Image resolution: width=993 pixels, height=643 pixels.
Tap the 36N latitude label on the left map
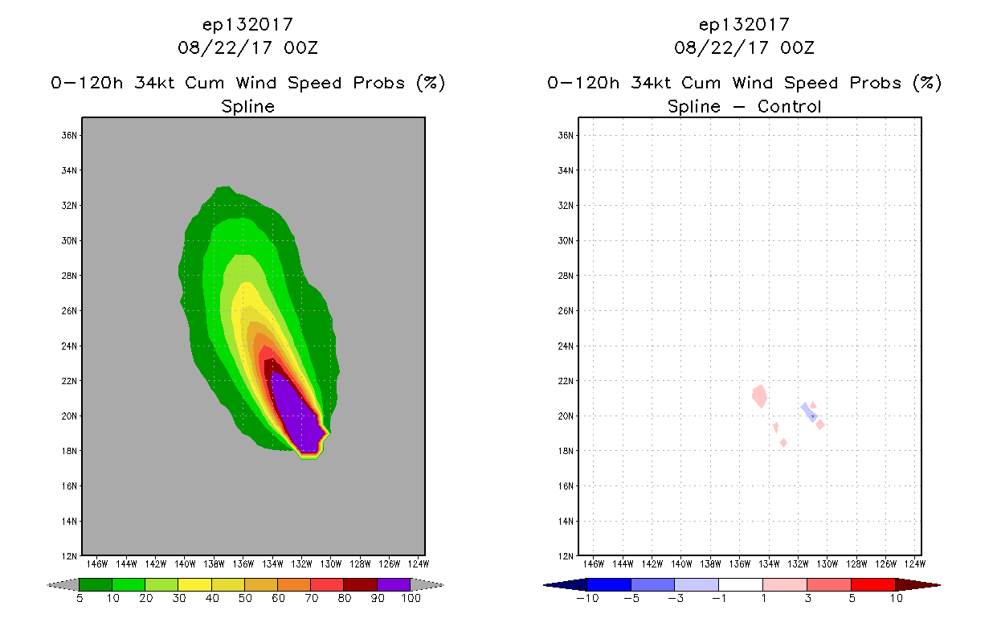click(x=69, y=135)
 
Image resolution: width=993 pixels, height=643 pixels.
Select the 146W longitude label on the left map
click(x=96, y=563)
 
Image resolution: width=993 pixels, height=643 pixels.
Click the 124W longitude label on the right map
click(x=915, y=563)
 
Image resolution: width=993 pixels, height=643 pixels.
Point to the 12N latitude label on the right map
click(x=566, y=556)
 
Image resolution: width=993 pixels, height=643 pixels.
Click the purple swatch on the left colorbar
click(x=394, y=585)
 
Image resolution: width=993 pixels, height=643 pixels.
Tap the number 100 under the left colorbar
click(x=410, y=599)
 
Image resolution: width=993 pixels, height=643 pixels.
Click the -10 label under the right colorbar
click(x=586, y=599)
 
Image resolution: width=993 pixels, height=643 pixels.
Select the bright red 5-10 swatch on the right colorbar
click(x=872, y=585)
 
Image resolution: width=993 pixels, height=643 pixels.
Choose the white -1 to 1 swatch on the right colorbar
click(x=740, y=585)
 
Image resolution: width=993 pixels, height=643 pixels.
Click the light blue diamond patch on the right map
click(x=808, y=412)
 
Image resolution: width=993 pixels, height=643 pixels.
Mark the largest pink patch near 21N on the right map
click(x=760, y=395)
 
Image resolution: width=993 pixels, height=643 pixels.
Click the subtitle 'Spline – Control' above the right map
click(x=744, y=107)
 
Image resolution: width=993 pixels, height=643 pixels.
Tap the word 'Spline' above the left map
click(x=247, y=107)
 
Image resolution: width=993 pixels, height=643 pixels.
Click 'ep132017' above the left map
click(x=247, y=25)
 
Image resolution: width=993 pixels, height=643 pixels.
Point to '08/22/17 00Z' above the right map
click(x=744, y=47)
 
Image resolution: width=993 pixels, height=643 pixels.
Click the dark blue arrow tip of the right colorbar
click(x=550, y=585)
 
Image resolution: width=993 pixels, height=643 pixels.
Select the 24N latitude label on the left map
click(x=69, y=346)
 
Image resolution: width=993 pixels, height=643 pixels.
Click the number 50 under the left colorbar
click(x=244, y=599)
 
